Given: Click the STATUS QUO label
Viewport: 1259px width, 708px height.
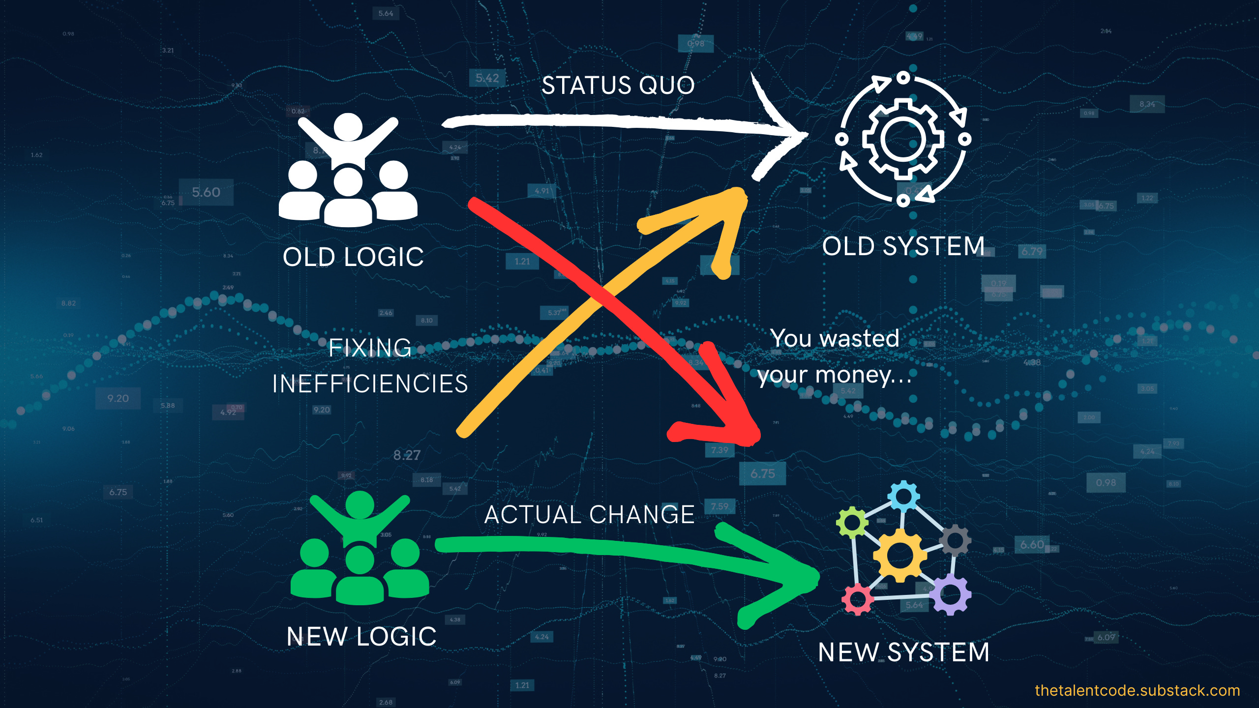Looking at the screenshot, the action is coord(618,86).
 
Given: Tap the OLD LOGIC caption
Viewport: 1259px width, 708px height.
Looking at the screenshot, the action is coord(353,257).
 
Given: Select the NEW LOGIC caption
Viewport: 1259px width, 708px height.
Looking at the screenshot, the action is coord(361,637).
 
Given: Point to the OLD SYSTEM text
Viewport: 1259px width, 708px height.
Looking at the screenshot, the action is coord(903,246).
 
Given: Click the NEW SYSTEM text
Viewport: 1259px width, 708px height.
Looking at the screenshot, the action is coord(903,652).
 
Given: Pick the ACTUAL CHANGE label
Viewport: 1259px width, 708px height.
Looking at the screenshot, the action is coord(589,515).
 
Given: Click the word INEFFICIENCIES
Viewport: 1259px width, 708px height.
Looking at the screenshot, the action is coord(370,384).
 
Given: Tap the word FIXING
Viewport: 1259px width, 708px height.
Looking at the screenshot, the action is coord(370,348).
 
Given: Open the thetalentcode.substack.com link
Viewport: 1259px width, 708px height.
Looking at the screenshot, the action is coord(1137,690).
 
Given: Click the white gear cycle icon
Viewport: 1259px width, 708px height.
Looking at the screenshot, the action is coord(903,139).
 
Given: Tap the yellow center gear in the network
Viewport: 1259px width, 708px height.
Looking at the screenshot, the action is coord(899,555).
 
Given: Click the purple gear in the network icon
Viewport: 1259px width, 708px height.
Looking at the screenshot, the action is coord(950,595).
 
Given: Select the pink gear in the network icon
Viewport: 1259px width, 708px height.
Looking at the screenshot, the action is coord(858,599).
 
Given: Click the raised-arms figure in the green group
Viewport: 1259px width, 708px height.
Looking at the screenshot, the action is coord(360,516).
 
